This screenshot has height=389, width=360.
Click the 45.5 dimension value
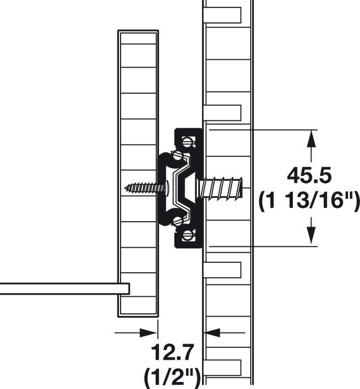click(x=309, y=175)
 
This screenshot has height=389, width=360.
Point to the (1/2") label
click(x=172, y=377)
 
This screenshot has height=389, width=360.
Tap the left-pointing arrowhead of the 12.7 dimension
click(x=211, y=333)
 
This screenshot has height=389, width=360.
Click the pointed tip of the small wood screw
click(x=126, y=188)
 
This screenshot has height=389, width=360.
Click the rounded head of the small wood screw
click(x=167, y=188)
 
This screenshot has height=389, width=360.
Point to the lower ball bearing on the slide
click(x=178, y=219)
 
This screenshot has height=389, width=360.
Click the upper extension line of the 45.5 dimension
click(x=261, y=129)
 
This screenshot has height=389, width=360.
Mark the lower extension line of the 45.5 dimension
click(x=261, y=247)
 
